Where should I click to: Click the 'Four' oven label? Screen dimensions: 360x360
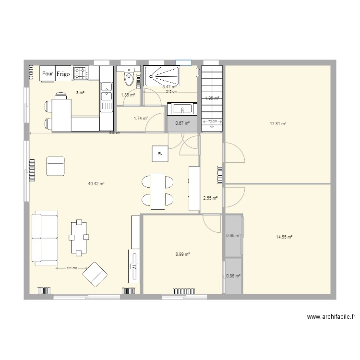[47, 73]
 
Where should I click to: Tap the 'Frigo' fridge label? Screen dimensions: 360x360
[63, 74]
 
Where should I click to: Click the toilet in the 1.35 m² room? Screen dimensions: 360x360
[129, 79]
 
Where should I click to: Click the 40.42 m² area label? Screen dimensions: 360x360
[96, 183]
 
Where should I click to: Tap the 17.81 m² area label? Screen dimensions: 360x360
[278, 123]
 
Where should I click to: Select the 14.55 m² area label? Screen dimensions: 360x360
[284, 237]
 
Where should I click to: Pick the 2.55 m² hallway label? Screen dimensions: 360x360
[210, 198]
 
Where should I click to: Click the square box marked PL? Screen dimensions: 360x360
[160, 154]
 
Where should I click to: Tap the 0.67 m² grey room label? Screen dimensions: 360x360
[182, 123]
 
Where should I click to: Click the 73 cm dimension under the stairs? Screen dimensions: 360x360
[212, 121]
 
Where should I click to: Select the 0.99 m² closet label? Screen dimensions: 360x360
[233, 235]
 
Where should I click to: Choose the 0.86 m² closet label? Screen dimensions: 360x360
[233, 276]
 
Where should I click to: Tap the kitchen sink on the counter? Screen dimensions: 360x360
[106, 87]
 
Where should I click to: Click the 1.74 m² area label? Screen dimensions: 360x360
[140, 118]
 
